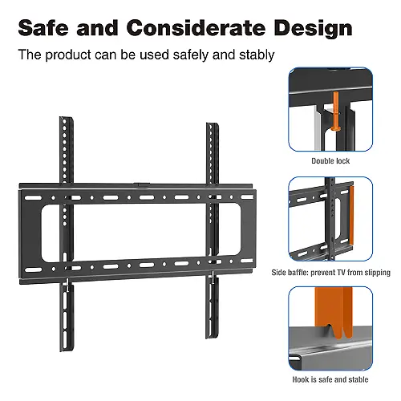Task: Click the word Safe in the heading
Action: pyautogui.click(x=43, y=28)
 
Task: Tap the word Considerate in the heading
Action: pyautogui.click(x=196, y=28)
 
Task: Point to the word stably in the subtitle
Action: pyautogui.click(x=257, y=55)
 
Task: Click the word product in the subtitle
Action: pyautogui.click(x=68, y=55)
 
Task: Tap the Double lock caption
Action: pyautogui.click(x=330, y=161)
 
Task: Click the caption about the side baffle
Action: pyautogui.click(x=330, y=273)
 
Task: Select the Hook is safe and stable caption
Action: pyautogui.click(x=330, y=379)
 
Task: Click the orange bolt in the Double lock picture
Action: pyautogui.click(x=335, y=111)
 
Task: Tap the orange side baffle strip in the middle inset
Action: pyautogui.click(x=351, y=216)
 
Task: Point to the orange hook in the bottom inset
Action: pyautogui.click(x=334, y=316)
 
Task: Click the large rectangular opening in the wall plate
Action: pyautogui.click(x=140, y=233)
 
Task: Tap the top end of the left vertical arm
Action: pyautogui.click(x=66, y=118)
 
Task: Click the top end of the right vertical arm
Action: pyautogui.click(x=213, y=124)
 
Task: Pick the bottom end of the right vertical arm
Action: pyautogui.click(x=213, y=336)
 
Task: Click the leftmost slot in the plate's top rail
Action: pyautogui.click(x=33, y=198)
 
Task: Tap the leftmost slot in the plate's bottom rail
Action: pyautogui.click(x=33, y=269)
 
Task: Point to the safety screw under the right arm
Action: pyautogui.click(x=213, y=277)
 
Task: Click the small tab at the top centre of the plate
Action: pyautogui.click(x=141, y=184)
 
